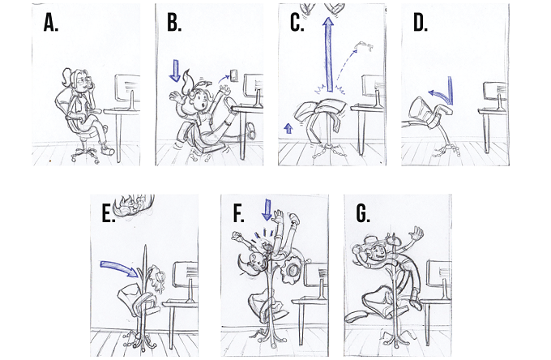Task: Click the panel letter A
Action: tap(50, 24)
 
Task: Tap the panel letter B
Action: tap(174, 24)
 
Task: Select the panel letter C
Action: tap(297, 24)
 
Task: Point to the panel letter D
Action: tap(421, 24)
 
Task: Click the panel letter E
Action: tap(109, 213)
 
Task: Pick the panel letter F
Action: tap(238, 213)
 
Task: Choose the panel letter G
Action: tap(363, 213)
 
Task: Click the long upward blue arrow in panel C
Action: tap(329, 55)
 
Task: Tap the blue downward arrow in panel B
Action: tap(175, 71)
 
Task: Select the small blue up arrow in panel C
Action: tap(288, 128)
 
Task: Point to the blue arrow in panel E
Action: tap(119, 268)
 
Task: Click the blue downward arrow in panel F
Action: tap(267, 210)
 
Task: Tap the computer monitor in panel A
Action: tap(127, 88)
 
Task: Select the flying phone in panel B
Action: tap(233, 75)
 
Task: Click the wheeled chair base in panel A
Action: tap(86, 154)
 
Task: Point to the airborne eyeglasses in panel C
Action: tap(365, 45)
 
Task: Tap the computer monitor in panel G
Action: tap(439, 273)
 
